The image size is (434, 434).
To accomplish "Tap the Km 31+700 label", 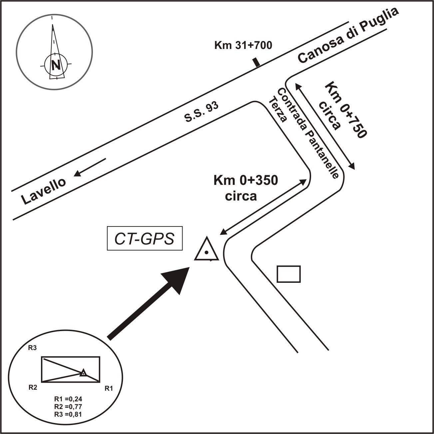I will point(243,45).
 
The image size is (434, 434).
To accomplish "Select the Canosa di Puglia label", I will point(348,35).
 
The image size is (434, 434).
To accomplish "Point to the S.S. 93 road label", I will point(202,112).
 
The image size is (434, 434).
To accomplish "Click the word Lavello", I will point(44,191).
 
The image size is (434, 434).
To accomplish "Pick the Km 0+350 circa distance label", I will point(245,188).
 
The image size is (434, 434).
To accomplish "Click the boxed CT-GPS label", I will point(145,238).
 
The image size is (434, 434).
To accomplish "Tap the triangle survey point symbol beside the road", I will point(207,250).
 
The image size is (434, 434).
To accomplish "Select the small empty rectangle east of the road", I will point(289,274).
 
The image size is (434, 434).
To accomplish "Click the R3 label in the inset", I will point(32,348).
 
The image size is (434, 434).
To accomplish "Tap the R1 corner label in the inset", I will point(109,388).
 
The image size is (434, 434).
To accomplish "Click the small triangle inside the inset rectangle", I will point(83,373).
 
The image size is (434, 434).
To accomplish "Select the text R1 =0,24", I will point(68,399).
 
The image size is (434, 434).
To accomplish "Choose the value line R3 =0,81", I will point(68,414).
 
